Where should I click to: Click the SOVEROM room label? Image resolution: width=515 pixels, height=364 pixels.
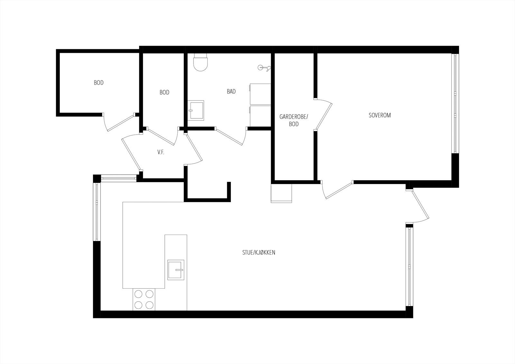pos(379,115)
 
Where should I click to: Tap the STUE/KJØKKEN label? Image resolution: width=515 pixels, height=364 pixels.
pos(258,253)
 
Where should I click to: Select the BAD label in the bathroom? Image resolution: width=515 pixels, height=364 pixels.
pos(231,91)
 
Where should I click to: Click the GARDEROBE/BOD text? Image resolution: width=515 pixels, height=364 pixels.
pos(294,120)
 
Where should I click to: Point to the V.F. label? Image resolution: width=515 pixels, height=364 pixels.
pos(161,152)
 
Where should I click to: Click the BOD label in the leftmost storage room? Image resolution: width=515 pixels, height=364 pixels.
pos(98,83)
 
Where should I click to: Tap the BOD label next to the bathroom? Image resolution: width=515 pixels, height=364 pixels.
pos(164,92)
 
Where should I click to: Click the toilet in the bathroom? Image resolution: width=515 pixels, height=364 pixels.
pos(201,63)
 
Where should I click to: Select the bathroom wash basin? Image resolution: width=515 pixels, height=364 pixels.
pos(196,110)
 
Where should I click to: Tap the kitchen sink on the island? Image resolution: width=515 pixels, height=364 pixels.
pos(176,269)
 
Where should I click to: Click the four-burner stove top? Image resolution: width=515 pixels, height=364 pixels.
pos(144,299)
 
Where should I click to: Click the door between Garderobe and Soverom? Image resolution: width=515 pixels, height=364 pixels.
pos(324,115)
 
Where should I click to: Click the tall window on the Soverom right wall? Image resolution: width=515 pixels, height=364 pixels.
pos(455,103)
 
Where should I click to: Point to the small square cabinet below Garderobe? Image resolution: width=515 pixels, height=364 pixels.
pos(281,193)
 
